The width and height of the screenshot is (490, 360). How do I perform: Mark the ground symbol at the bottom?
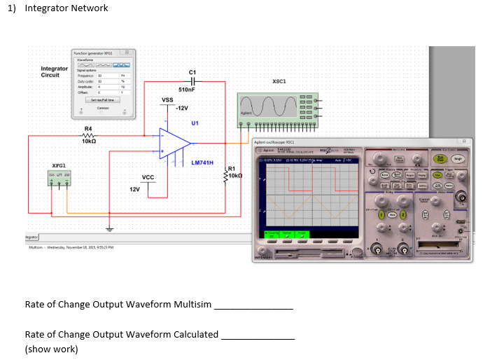tap(108, 228)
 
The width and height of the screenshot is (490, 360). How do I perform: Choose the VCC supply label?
tap(148, 177)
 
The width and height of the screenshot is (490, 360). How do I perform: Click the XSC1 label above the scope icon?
tap(279, 81)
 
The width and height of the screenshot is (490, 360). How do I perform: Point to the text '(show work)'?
tap(51, 349)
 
